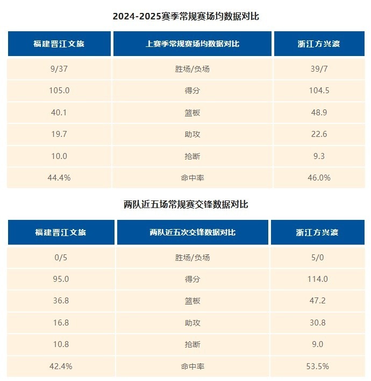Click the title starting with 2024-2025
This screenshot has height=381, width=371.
(x=185, y=16)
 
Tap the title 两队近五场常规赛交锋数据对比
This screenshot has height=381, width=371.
(x=185, y=204)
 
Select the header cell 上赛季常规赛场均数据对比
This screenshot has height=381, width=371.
(x=192, y=44)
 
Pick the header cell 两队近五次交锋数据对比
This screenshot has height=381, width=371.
(x=192, y=232)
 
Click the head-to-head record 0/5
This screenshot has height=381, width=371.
(x=60, y=258)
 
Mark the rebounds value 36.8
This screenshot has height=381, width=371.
(x=60, y=301)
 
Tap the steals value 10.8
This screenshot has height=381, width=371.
(x=60, y=344)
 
